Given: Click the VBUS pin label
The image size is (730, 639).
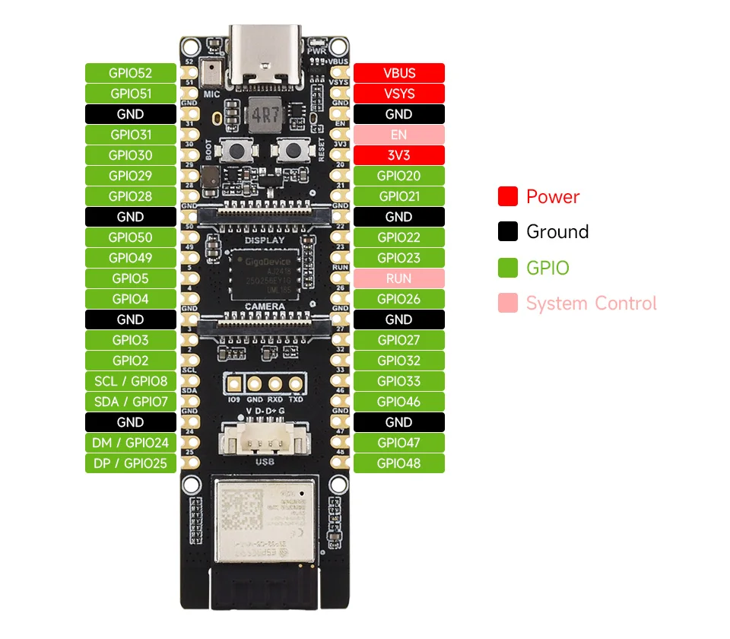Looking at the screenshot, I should coord(398,73).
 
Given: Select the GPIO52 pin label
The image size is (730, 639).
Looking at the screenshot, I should coord(130,73).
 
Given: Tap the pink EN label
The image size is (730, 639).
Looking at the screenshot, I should coord(398,135).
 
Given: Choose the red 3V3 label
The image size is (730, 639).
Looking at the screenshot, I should coord(398,155).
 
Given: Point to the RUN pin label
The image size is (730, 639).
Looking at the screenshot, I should coord(398,278).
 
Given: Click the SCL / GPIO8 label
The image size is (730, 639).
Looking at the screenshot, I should coord(130,381).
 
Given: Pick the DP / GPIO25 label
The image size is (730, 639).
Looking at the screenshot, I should coord(130,463).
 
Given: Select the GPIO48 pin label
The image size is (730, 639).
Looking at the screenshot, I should coord(398,463).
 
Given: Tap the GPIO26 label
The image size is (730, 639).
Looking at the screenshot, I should coord(398,299).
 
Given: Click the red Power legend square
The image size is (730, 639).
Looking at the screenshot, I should coord(508,196).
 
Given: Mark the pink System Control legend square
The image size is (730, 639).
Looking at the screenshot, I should coord(508,304).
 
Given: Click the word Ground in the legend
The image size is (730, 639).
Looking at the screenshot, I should coord(557,232).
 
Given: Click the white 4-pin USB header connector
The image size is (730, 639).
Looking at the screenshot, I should coord(260,441).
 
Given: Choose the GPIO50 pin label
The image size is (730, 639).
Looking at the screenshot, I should coord(130,237).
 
